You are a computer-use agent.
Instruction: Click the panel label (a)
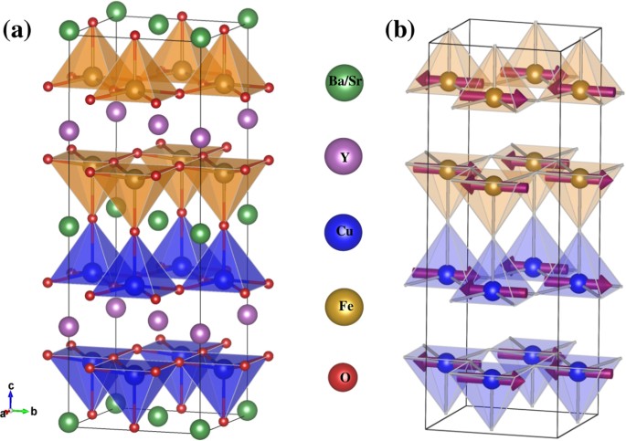click(19, 30)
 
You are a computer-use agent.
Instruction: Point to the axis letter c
click(10, 387)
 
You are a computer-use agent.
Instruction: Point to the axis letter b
click(34, 412)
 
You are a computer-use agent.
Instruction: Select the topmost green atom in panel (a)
click(116, 11)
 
